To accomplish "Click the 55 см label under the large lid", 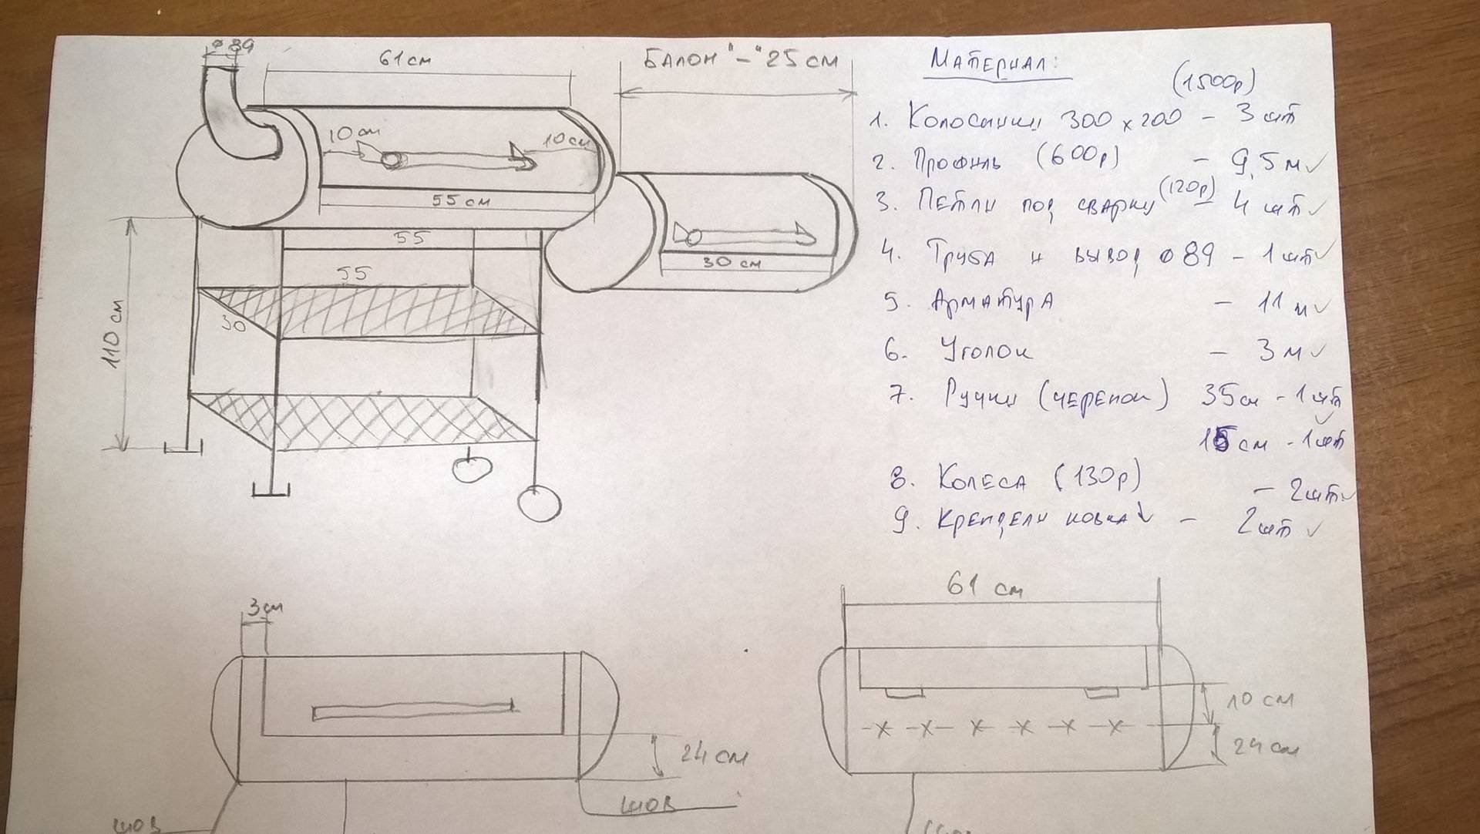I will (x=461, y=200).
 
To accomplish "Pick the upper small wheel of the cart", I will (x=472, y=468).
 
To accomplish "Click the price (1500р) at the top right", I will (x=1213, y=79).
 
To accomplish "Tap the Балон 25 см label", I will (x=740, y=61).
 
